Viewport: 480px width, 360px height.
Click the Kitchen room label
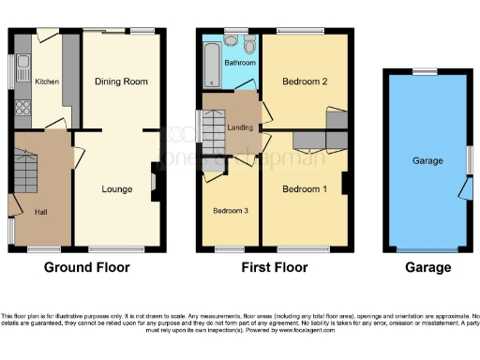(47, 82)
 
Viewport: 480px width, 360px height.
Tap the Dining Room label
(122, 82)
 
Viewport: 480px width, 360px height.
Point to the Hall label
(42, 211)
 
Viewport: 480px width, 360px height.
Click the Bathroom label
(240, 62)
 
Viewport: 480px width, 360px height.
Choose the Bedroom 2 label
(306, 82)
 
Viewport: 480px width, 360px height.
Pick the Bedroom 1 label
(306, 188)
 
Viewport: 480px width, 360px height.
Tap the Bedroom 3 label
(229, 209)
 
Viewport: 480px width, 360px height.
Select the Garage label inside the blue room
(427, 160)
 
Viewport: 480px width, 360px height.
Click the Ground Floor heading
(86, 267)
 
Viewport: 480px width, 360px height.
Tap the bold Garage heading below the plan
(427, 267)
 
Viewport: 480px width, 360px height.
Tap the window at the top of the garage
(427, 71)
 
